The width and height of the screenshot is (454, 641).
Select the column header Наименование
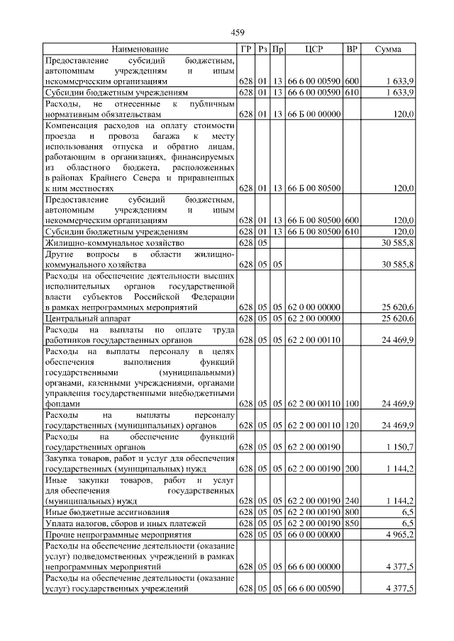[140, 49]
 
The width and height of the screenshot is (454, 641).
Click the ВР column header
[351, 49]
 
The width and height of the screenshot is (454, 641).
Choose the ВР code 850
[351, 523]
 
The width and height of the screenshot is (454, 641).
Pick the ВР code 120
[351, 426]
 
